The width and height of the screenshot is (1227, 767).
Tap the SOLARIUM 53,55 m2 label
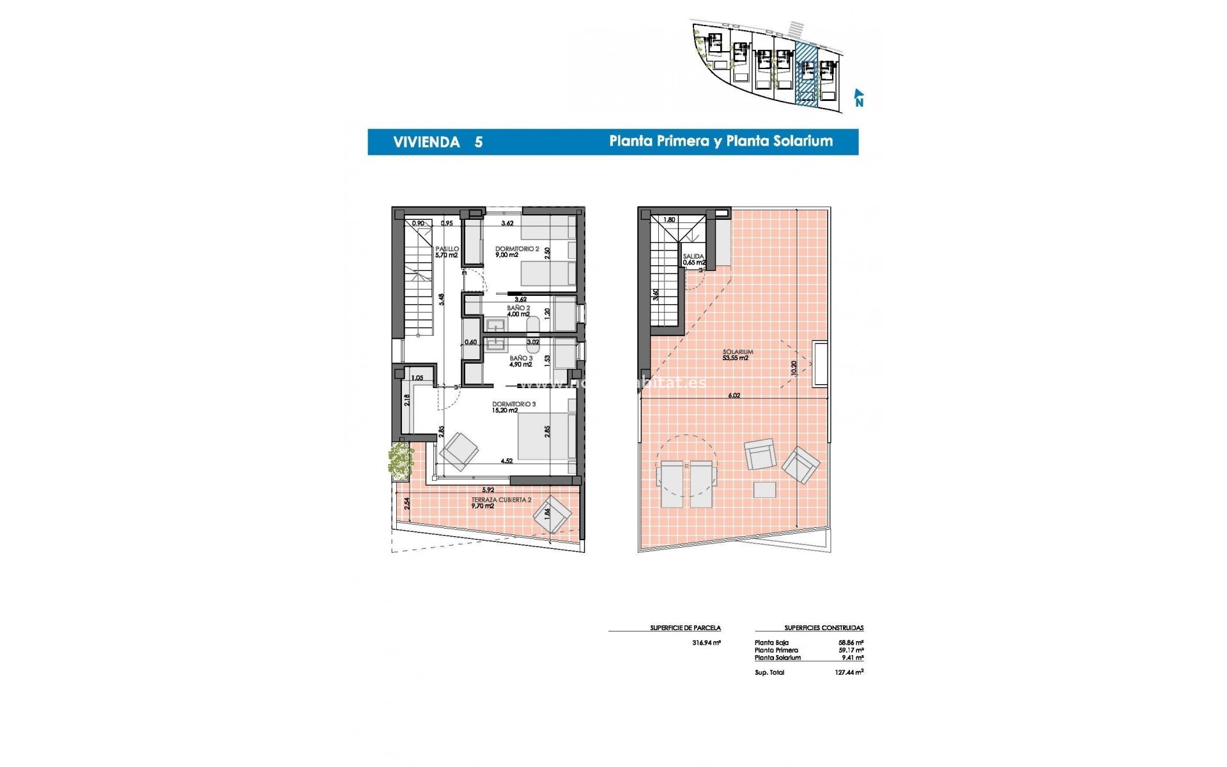(x=737, y=355)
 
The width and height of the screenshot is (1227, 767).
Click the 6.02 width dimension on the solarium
(x=734, y=396)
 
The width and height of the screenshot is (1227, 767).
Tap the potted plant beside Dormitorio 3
(x=400, y=459)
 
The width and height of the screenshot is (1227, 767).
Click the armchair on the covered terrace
(x=552, y=515)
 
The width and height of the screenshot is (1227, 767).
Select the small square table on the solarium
(x=764, y=490)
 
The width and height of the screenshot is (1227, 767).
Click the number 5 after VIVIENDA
(x=478, y=142)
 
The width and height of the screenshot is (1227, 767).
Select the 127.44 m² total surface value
(x=851, y=672)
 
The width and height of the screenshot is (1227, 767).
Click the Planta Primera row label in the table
(x=776, y=650)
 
